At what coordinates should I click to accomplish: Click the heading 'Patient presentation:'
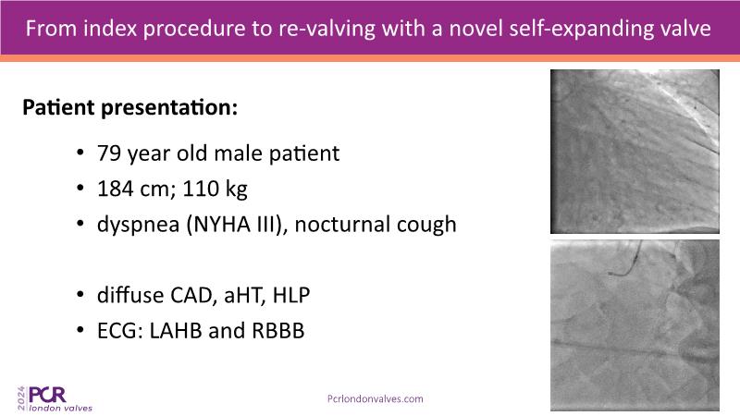pyautogui.click(x=129, y=107)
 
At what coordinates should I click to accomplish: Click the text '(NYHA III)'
pyautogui.click(x=236, y=225)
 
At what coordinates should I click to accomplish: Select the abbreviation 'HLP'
pyautogui.click(x=291, y=295)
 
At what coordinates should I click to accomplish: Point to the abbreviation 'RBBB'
pyautogui.click(x=278, y=331)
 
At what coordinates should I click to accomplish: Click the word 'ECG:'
pyautogui.click(x=120, y=331)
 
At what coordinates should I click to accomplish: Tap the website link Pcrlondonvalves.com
pyautogui.click(x=376, y=399)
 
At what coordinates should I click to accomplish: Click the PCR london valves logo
pyautogui.click(x=55, y=399)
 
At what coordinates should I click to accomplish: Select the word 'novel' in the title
pyautogui.click(x=475, y=29)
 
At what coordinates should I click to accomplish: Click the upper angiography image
pyautogui.click(x=635, y=152)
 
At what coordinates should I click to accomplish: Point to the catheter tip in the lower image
pyautogui.click(x=610, y=273)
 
